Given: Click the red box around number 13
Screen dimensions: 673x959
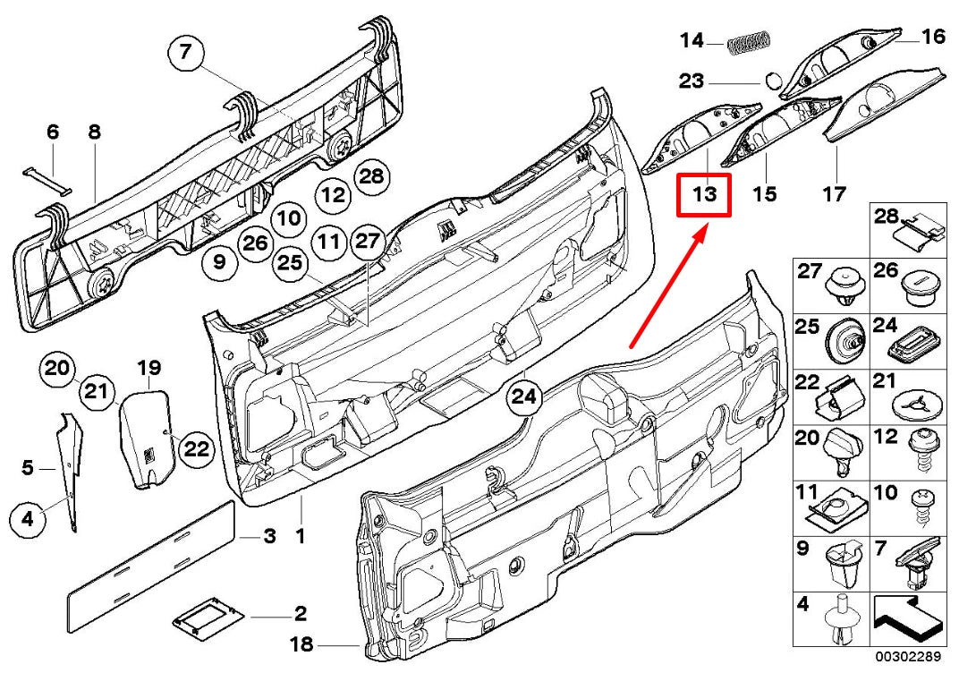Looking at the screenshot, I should (x=705, y=194).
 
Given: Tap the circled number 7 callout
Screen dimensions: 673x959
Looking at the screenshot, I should (x=185, y=52).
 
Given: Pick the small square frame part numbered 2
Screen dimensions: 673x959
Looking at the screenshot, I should (x=208, y=615).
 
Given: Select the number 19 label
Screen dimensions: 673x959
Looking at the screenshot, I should (x=148, y=368).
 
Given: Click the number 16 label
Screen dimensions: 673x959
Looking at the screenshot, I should (x=933, y=37).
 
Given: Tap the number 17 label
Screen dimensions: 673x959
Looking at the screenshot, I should (x=834, y=193).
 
